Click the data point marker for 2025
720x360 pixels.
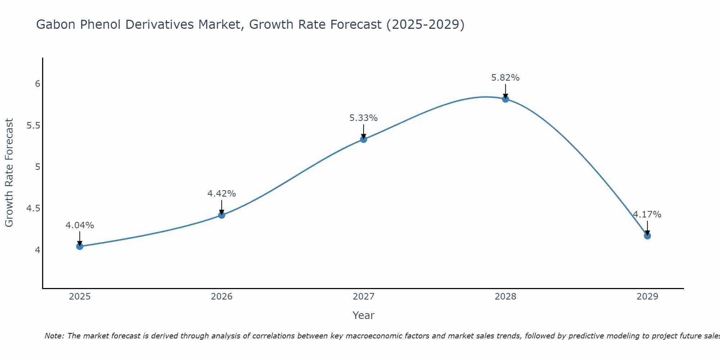tap(80, 246)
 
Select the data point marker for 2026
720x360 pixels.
tap(222, 215)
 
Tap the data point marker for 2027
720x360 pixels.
tap(364, 139)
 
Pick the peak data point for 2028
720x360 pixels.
tap(505, 99)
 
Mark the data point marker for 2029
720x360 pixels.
tap(647, 236)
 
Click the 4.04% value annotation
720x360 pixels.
tap(80, 225)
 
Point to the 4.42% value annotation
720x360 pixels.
tap(222, 194)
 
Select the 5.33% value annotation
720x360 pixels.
tap(364, 118)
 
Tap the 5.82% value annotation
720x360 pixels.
tap(505, 78)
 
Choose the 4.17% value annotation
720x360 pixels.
tap(647, 215)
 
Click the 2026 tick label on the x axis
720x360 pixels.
tap(222, 297)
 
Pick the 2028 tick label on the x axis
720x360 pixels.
tap(505, 297)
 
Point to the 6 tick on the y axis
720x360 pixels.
tap(37, 84)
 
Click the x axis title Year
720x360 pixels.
tap(364, 315)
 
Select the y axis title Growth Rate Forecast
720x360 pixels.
tap(9, 173)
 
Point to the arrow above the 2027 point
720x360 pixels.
tap(364, 131)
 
